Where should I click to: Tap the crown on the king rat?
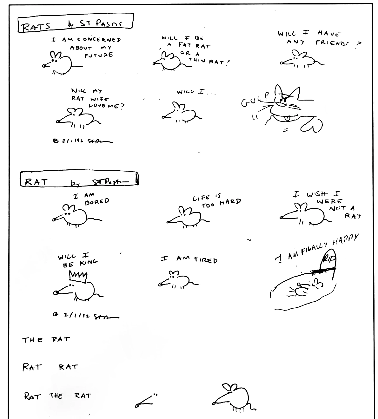coord(78,277)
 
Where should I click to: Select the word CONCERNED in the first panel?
coord(99,40)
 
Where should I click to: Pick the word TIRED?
coord(206,260)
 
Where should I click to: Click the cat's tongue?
coord(288,119)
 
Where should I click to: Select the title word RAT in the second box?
coord(36,182)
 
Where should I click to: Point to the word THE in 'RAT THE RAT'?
coord(56,396)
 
